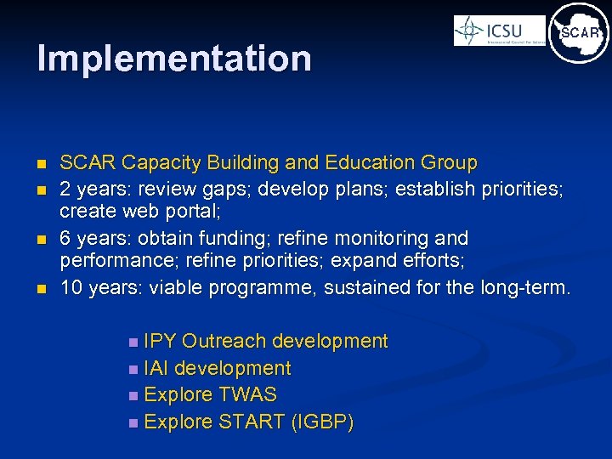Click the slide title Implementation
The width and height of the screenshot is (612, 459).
(174, 59)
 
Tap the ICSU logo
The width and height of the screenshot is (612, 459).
(499, 31)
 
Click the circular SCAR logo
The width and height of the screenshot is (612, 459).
(579, 33)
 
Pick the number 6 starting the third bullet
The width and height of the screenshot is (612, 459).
(66, 237)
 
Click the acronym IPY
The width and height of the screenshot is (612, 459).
(160, 342)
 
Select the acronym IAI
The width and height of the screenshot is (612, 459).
(156, 369)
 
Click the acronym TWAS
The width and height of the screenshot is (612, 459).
(247, 395)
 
